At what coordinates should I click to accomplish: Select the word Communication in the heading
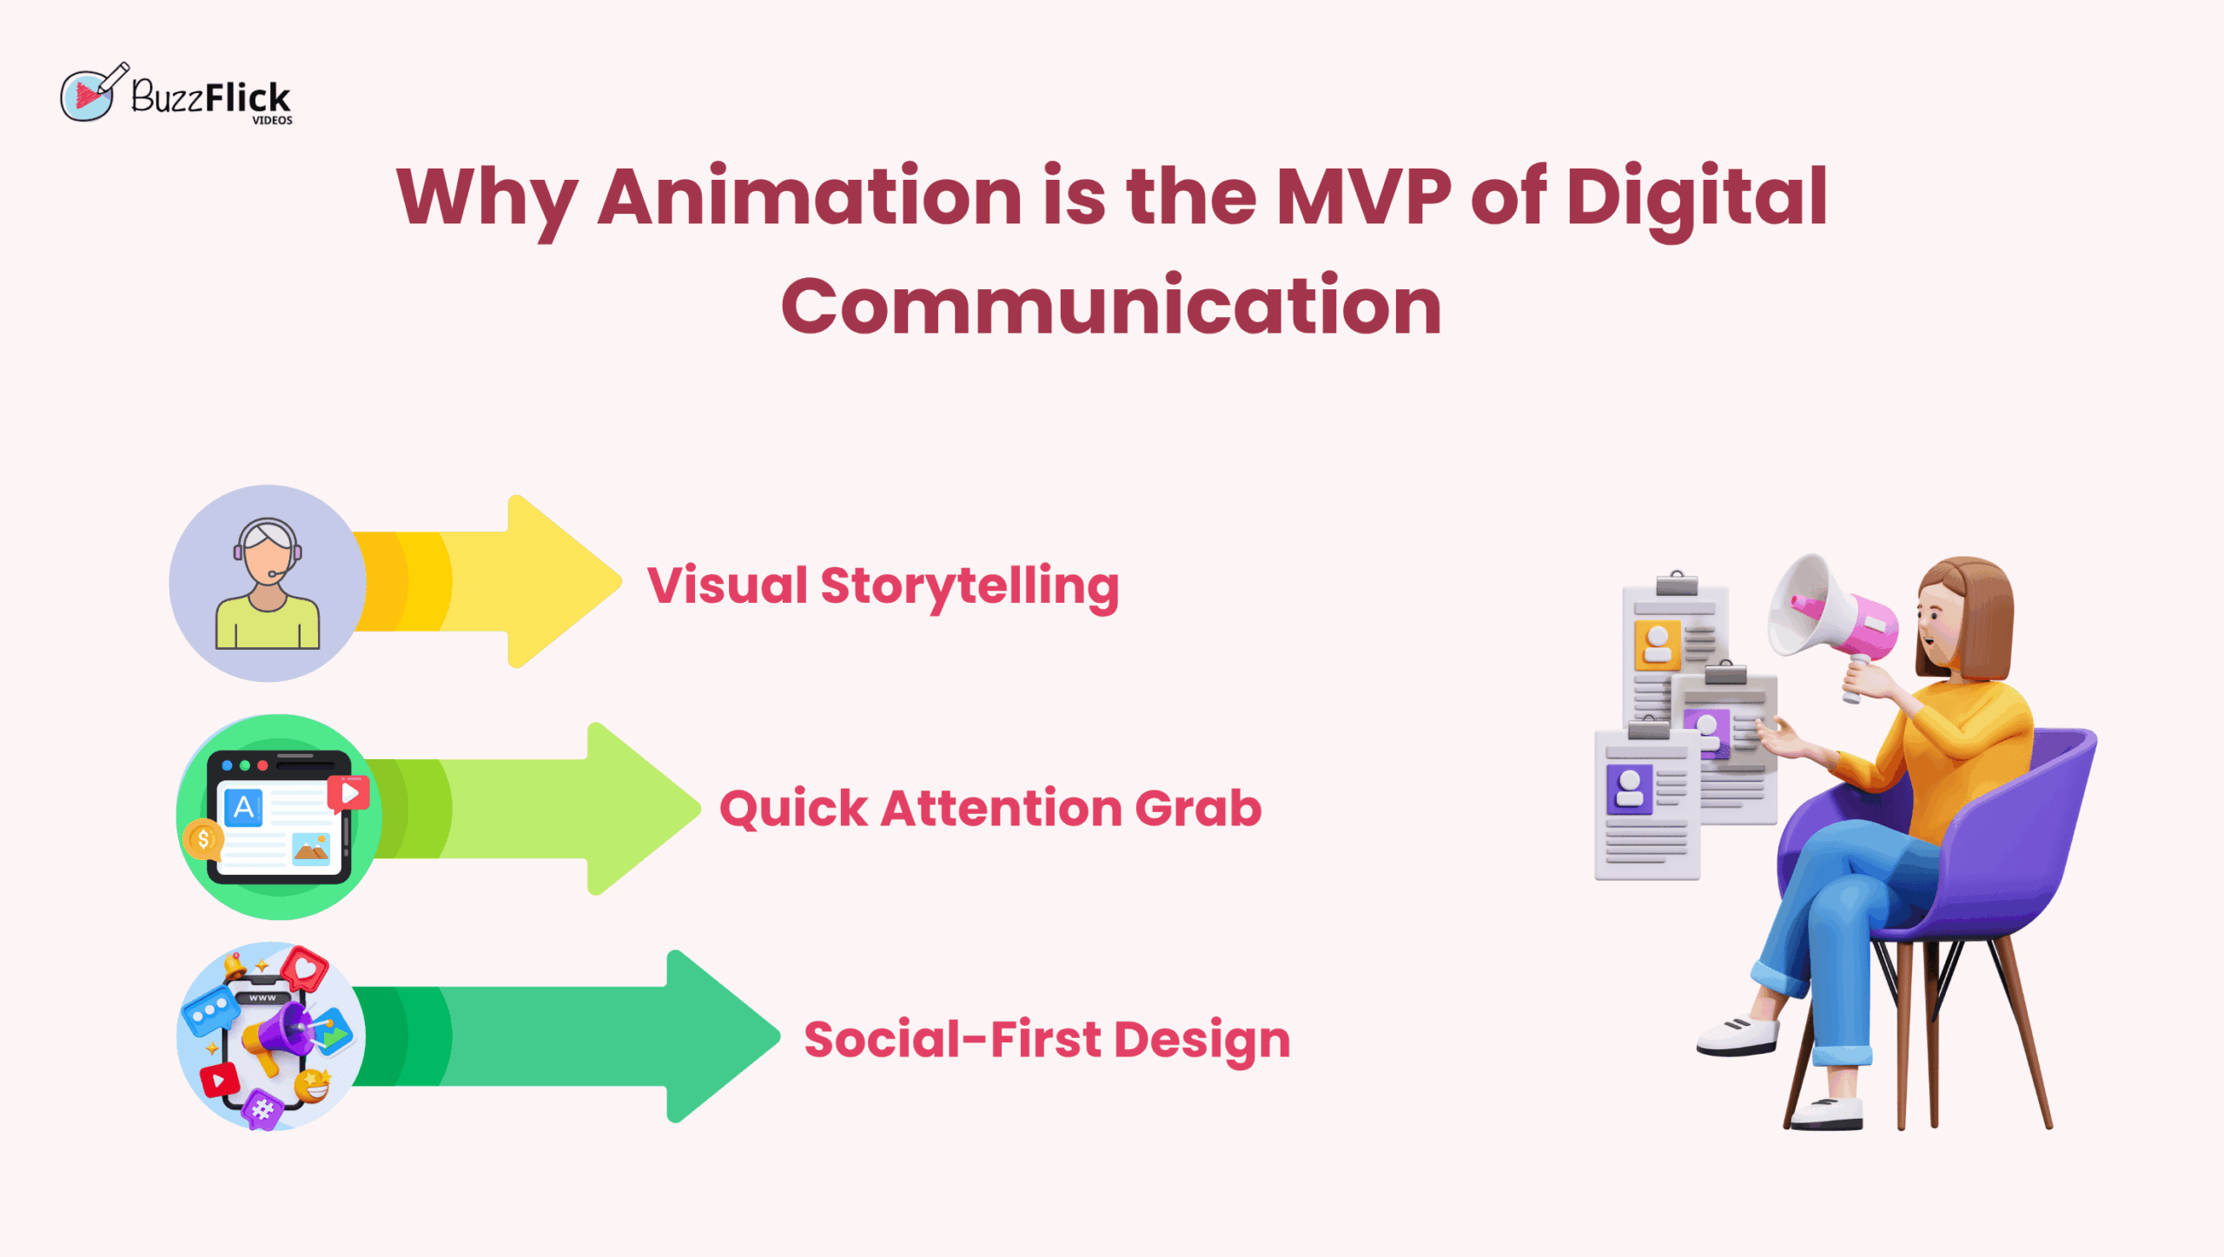[1111, 305]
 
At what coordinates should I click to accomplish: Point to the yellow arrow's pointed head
[619, 581]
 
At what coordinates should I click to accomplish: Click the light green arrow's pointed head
[699, 809]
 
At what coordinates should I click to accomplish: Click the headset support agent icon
[268, 583]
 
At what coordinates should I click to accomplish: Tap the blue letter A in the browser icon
[244, 808]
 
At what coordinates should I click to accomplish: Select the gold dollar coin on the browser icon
[203, 839]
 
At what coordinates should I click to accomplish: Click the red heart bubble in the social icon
[304, 969]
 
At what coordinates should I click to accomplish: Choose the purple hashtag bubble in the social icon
[262, 1109]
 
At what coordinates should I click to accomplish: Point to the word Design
[1202, 1042]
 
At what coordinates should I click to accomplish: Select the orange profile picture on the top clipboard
[1657, 645]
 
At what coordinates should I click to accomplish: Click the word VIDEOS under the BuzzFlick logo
[272, 121]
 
